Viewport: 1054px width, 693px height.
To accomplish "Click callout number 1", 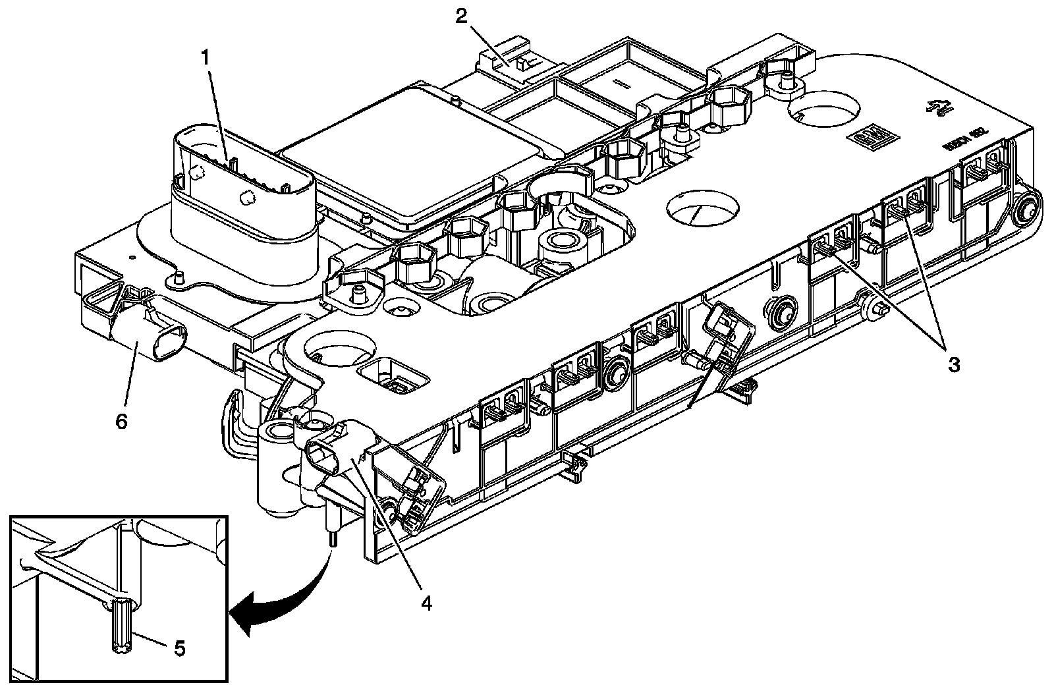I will [207, 58].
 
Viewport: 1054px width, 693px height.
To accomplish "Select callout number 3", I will [953, 364].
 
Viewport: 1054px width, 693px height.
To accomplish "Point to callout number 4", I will [426, 602].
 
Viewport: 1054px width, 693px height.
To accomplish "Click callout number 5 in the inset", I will [179, 648].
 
